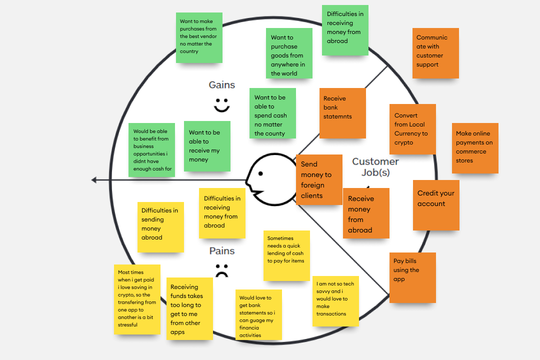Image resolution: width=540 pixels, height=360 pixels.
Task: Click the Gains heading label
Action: pos(221,85)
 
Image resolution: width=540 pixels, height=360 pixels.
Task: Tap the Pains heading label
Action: pos(222,251)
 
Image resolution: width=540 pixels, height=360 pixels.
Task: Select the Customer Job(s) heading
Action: pos(375,167)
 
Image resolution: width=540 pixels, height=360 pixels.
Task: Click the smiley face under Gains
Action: pos(221,105)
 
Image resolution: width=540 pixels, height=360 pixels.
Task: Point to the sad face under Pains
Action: pos(221,270)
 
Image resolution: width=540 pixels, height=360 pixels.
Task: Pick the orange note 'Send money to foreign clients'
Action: pos(319,179)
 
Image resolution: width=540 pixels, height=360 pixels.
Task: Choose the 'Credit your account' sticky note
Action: pos(436,205)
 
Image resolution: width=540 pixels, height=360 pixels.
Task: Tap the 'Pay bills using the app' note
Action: pos(412,277)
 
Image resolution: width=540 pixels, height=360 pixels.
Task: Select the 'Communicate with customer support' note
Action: pos(435,53)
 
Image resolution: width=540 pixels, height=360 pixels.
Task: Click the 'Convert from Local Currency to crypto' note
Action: pos(412,129)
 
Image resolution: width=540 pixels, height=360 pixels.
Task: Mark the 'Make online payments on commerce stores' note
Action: pos(475,148)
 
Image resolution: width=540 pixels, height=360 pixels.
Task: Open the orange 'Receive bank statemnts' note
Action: pos(342,113)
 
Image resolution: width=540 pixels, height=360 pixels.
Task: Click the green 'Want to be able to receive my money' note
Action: pos(207,146)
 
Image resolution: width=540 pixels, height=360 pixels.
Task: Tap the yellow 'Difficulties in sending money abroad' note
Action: pos(160,227)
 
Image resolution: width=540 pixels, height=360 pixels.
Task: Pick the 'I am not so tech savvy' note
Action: pos(335,301)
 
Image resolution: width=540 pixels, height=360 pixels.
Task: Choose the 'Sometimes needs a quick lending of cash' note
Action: pos(286,255)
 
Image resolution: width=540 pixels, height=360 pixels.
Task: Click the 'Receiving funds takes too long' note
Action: pos(189,308)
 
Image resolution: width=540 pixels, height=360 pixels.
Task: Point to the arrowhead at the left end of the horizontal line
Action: pos(94,180)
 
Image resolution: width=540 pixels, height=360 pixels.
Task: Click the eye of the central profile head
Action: pos(260,173)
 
